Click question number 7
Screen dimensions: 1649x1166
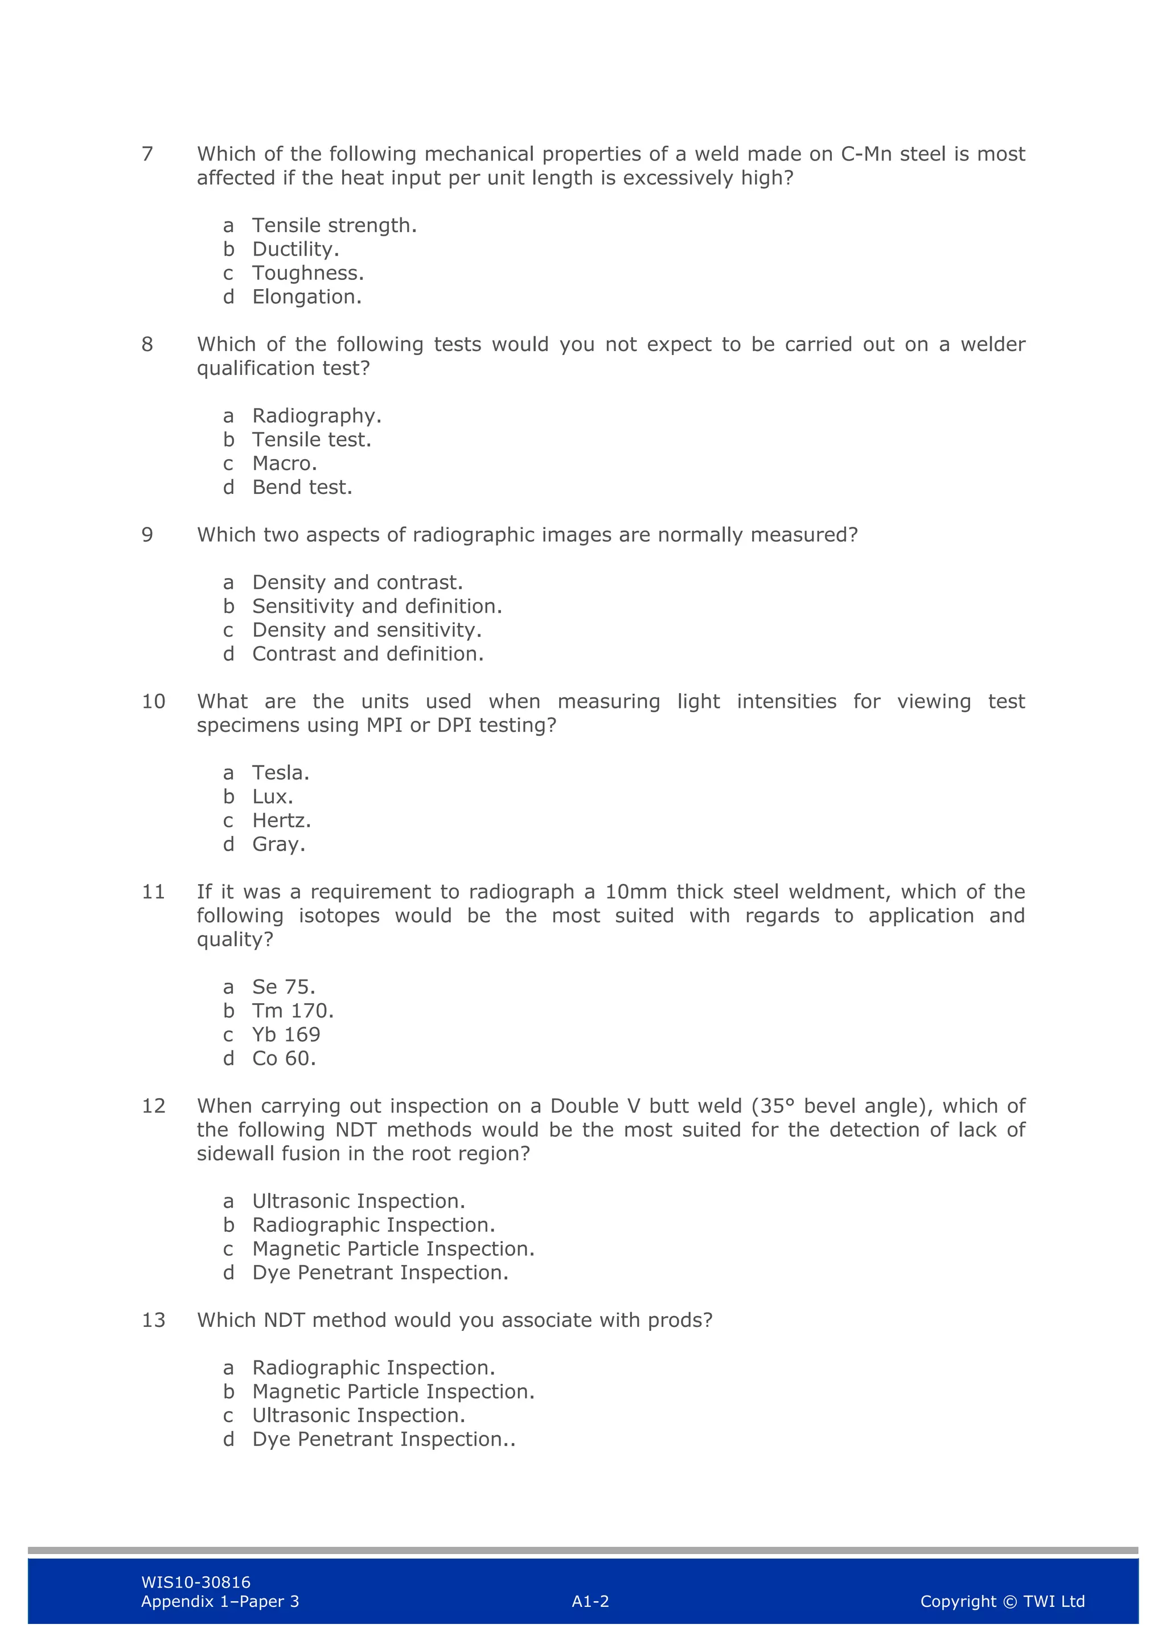(147, 154)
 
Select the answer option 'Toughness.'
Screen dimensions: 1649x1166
(307, 274)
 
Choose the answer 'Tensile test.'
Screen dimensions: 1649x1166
(311, 439)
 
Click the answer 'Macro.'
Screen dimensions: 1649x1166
(285, 464)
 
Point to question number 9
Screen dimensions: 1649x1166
(147, 535)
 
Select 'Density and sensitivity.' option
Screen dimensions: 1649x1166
(367, 630)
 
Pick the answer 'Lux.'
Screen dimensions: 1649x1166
(272, 797)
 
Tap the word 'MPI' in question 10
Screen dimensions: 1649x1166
(384, 725)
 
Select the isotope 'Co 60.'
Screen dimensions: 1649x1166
(284, 1058)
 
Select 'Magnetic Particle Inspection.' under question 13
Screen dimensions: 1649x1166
(393, 1392)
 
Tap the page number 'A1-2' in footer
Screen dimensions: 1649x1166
(590, 1602)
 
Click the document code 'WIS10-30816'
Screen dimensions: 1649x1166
(195, 1582)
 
